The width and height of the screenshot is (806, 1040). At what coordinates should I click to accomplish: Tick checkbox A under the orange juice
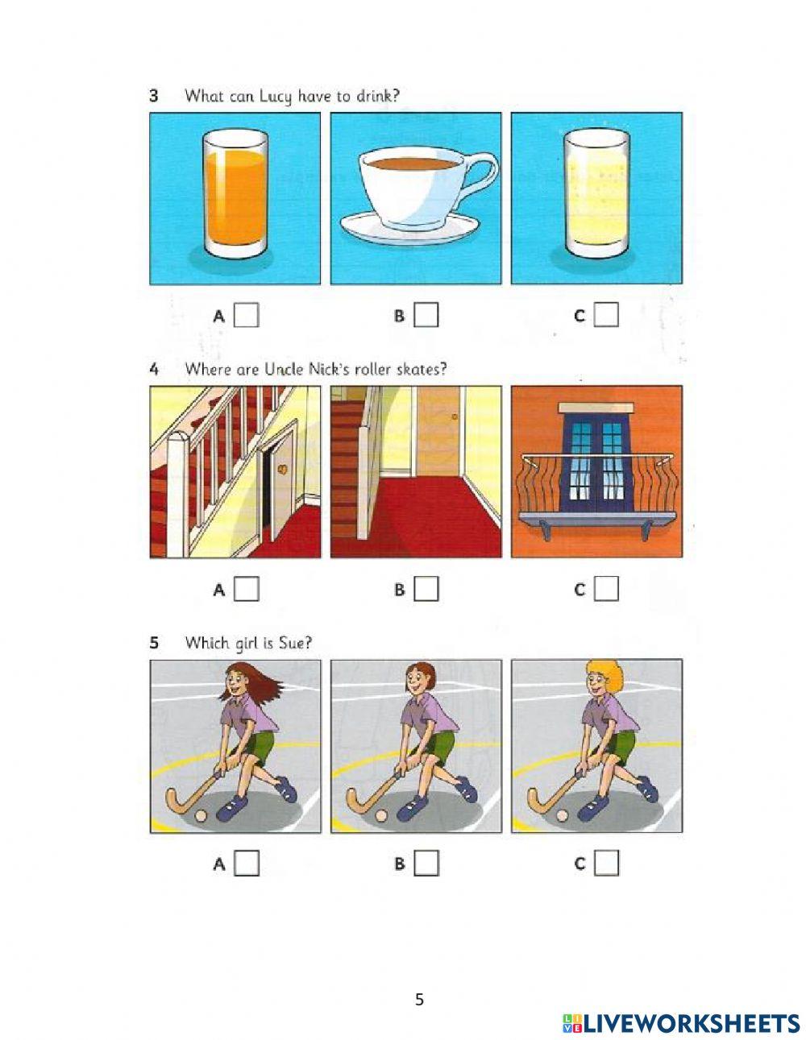(x=246, y=315)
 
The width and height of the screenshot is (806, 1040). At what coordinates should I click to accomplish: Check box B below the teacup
(x=426, y=315)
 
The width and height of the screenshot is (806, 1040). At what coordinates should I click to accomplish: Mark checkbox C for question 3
(x=606, y=315)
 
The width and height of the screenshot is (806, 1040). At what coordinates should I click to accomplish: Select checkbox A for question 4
(x=246, y=589)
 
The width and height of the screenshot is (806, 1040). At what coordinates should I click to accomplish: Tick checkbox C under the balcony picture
(x=606, y=589)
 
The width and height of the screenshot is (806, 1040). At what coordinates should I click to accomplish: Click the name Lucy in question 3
(x=275, y=97)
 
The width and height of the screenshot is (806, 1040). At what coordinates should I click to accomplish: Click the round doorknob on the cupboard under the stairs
(x=284, y=469)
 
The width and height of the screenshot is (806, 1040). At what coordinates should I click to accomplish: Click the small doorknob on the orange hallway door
(x=455, y=416)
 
